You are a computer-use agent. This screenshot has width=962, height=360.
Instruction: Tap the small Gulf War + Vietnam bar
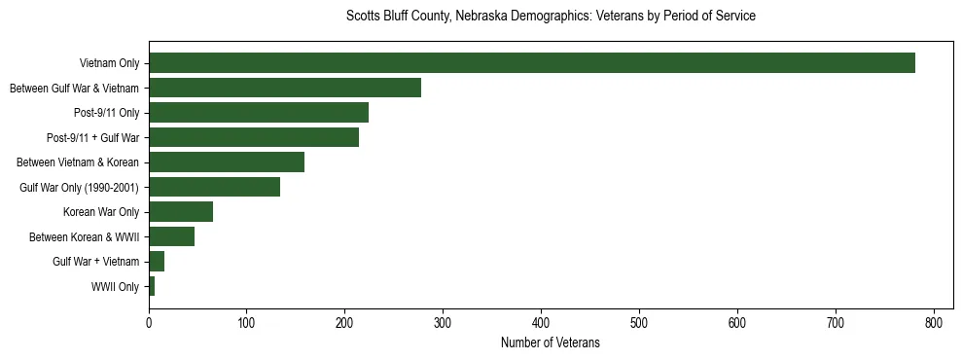tap(157, 261)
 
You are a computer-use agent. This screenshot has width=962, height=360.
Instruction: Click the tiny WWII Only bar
tap(152, 286)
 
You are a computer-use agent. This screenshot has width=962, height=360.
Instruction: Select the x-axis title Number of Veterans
tap(551, 343)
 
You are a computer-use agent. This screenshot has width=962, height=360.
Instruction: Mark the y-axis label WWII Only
tap(115, 286)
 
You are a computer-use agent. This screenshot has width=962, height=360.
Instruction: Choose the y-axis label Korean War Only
tap(101, 212)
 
